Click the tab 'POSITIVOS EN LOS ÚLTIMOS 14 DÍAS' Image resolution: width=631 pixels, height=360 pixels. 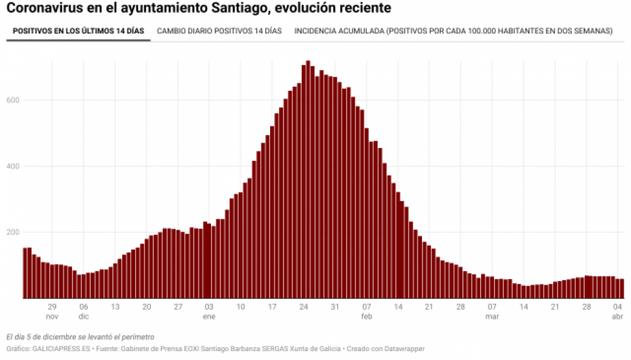tap(78, 31)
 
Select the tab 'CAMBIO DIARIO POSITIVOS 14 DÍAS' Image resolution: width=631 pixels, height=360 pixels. tap(219, 31)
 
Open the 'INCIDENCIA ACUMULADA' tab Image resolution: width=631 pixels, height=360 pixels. tap(453, 31)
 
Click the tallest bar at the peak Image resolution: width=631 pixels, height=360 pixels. tap(308, 180)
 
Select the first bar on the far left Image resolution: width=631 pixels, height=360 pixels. tap(25, 273)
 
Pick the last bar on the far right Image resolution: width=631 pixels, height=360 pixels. tap(622, 289)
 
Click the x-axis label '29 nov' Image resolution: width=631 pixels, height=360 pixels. tap(52, 311)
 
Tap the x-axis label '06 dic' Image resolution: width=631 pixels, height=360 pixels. tap(83, 311)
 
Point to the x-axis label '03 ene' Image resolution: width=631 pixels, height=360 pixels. tap(208, 311)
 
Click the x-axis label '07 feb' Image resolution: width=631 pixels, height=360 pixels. tap(366, 311)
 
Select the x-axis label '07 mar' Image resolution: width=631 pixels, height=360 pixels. tap(492, 311)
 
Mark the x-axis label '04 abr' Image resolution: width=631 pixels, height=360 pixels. tap(618, 311)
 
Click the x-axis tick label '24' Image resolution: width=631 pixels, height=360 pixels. tap(304, 307)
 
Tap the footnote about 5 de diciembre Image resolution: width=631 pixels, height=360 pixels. tap(80, 337)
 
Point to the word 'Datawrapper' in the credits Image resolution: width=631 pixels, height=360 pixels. tap(405, 348)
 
